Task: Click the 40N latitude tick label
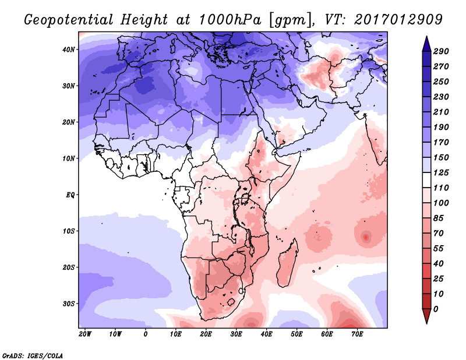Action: point(69,50)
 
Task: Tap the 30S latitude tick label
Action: point(69,303)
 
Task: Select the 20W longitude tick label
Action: point(84,334)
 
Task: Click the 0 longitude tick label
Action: point(145,334)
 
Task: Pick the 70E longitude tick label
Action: point(358,334)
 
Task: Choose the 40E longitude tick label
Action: point(267,334)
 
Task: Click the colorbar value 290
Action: point(440,52)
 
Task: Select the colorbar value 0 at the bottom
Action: point(436,309)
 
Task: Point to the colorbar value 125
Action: point(440,173)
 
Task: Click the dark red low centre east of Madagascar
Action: point(366,237)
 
